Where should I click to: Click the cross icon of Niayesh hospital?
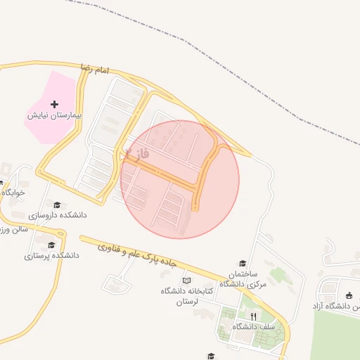tap(55, 104)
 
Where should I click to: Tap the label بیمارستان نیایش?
tap(55, 115)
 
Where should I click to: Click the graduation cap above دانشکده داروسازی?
tap(57, 205)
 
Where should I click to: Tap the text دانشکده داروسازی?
tap(57, 215)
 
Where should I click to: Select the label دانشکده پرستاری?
tap(51, 256)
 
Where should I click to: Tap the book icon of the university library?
tap(186, 281)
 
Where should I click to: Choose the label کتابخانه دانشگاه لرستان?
tap(181, 296)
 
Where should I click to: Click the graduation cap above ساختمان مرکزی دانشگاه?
tap(243, 263)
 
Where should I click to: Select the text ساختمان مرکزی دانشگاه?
tap(239, 278)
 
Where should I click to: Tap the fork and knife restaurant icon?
tap(254, 316)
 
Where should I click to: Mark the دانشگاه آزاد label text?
tap(337, 307)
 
